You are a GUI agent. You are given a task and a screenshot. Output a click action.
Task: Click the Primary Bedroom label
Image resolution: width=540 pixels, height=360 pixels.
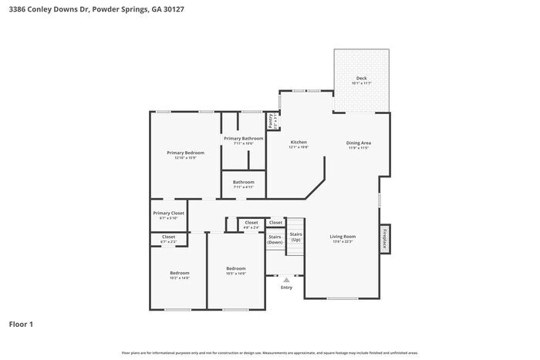click(185, 153)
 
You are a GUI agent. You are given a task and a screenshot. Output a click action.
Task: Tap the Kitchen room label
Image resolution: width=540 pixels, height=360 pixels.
click(299, 143)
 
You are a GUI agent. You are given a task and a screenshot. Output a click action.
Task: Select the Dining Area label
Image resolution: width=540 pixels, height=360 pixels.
click(358, 143)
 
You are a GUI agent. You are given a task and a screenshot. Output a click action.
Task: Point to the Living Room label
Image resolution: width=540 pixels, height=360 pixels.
click(343, 236)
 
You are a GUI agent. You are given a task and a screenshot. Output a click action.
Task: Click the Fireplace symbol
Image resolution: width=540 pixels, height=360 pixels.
click(384, 238)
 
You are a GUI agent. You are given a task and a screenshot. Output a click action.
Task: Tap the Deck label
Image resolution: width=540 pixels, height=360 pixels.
click(361, 79)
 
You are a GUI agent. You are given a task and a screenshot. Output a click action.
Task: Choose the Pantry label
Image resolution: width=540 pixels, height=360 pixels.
click(271, 121)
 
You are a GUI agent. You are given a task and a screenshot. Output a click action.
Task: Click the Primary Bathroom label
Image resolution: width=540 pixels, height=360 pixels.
click(243, 139)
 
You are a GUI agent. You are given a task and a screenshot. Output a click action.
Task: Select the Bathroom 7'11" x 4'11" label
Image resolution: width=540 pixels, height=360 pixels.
click(243, 183)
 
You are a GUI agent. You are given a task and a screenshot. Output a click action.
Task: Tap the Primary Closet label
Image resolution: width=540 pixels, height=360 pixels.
click(168, 213)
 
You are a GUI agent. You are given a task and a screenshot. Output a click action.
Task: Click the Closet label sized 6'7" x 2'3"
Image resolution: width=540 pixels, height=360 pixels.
click(168, 237)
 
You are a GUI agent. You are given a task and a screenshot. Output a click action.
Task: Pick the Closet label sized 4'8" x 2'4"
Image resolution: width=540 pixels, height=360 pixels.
click(251, 223)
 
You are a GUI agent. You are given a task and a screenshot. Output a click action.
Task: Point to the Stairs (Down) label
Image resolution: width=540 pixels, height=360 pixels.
click(275, 240)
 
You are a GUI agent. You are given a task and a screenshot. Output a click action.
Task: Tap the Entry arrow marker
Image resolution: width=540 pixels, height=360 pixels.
click(286, 280)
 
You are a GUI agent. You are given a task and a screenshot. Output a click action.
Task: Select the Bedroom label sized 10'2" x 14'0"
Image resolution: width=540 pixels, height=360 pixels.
click(179, 273)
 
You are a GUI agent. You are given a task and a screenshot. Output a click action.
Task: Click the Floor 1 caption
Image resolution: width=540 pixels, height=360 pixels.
click(21, 324)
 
